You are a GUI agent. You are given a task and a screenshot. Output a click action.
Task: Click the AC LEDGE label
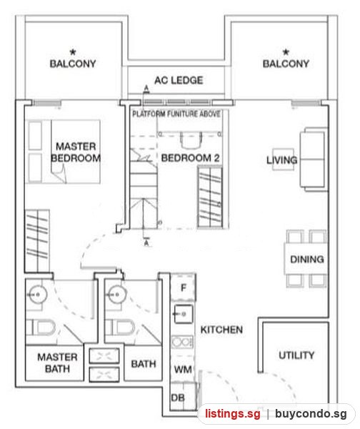pos(179,80)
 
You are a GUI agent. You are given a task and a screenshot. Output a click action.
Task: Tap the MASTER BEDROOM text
pos(76,152)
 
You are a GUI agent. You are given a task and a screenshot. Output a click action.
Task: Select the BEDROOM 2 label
pos(190,158)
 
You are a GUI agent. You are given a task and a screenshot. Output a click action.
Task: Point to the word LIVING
pos(282,159)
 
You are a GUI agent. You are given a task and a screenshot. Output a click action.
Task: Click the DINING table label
pos(307,259)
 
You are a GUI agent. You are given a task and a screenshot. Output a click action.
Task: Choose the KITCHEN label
pos(221,330)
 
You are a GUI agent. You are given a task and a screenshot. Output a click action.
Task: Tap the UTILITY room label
pos(296,355)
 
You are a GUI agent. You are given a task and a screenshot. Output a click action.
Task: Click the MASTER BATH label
pos(57,363)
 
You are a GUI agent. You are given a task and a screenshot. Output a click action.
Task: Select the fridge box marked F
pos(183,287)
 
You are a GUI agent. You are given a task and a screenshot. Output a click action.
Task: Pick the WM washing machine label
pos(183,370)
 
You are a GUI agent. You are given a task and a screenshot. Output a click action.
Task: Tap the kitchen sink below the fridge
pos(184,314)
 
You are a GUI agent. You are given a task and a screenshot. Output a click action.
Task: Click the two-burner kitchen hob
pos(182,342)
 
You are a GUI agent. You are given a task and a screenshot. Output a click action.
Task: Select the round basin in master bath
pos(38,295)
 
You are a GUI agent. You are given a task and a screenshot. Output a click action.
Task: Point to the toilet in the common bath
pos(120,327)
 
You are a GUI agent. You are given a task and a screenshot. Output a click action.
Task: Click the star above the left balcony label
pos(73,51)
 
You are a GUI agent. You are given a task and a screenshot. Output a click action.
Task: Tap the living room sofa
pos(314,159)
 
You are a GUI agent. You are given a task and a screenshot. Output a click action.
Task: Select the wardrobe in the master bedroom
pos(37,241)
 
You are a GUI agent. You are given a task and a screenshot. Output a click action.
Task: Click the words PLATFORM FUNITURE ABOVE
pos(176,114)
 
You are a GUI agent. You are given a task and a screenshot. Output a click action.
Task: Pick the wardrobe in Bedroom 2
pos(210,197)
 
